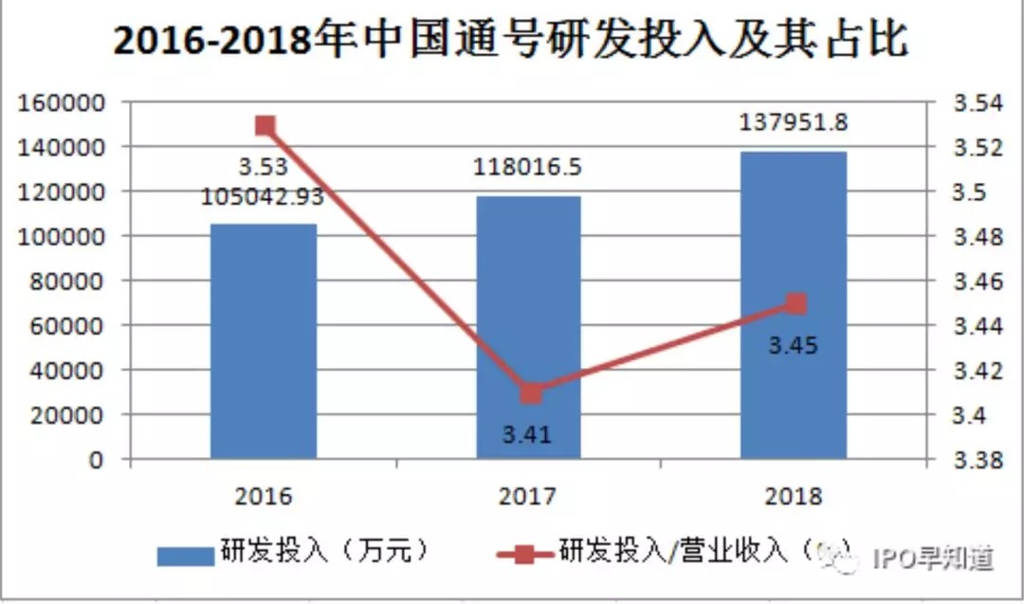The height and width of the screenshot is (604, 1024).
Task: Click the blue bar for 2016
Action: pyautogui.click(x=264, y=341)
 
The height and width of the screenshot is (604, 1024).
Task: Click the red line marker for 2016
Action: pyautogui.click(x=265, y=126)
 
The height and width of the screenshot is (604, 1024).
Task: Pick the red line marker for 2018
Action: pyautogui.click(x=795, y=304)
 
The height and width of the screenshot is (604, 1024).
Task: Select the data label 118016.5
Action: pyautogui.click(x=527, y=168)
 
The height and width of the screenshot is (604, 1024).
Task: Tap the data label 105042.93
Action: pyautogui.click(x=263, y=197)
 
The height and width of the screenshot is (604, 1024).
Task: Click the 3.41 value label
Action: pyautogui.click(x=526, y=435)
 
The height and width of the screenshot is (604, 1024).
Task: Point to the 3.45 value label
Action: pyautogui.click(x=793, y=345)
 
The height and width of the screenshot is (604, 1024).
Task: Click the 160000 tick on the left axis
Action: pyautogui.click(x=64, y=102)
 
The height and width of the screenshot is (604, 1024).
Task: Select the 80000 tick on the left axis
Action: pyautogui.click(x=69, y=281)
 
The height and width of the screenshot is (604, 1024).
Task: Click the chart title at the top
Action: pyautogui.click(x=511, y=42)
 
